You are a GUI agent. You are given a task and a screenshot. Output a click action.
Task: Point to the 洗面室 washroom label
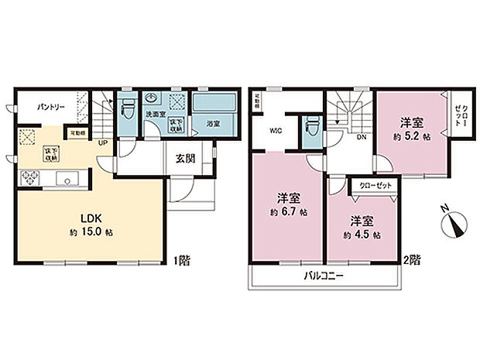point(156,115)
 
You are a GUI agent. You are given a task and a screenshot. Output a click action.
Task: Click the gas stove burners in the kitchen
point(29,180)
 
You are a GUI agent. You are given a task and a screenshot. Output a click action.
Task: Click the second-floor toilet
point(312,125)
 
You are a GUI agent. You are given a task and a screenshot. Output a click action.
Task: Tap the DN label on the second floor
point(361,137)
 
